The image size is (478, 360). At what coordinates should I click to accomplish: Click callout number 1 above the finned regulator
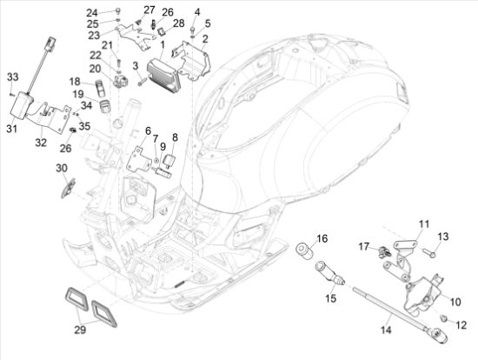point(163,43)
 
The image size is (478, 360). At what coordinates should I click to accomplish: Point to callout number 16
point(322,238)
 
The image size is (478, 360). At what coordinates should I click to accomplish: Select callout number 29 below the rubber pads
point(79,330)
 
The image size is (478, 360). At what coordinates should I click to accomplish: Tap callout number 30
point(62,168)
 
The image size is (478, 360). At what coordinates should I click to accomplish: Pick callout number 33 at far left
point(12,78)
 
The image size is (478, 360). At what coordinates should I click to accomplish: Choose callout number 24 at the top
point(116,11)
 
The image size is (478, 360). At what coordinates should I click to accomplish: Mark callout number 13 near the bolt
point(442,237)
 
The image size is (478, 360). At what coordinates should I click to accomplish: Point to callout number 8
point(175,137)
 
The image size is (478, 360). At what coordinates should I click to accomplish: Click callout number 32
point(41,142)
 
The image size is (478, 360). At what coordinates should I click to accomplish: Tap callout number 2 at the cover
point(204,40)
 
